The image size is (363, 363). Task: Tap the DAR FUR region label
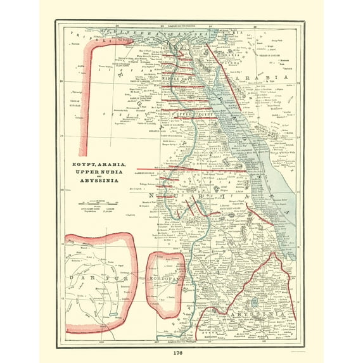(x=95, y=277)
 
